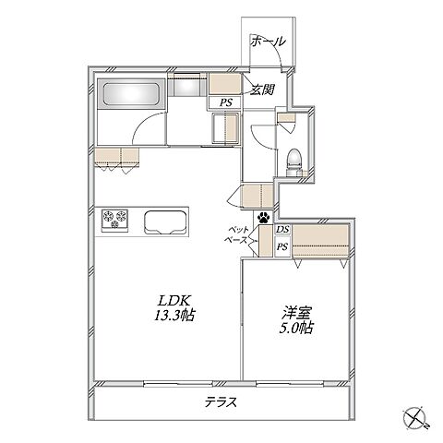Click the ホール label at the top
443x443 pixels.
(x=268, y=41)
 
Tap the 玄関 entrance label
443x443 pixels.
(x=262, y=90)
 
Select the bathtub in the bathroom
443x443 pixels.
(x=131, y=93)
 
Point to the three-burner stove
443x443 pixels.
(x=114, y=220)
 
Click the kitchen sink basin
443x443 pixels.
(x=165, y=222)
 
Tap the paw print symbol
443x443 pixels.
(x=264, y=217)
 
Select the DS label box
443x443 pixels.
(x=282, y=229)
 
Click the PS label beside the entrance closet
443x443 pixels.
(x=225, y=102)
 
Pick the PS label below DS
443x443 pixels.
(x=282, y=246)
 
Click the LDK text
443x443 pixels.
(x=175, y=300)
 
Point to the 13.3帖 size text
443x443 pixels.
(x=174, y=316)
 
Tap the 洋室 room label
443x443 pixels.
(x=296, y=313)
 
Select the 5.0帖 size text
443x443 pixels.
(x=296, y=328)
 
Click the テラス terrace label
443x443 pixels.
(x=221, y=402)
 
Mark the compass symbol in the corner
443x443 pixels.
(x=414, y=417)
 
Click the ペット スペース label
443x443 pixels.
(x=237, y=234)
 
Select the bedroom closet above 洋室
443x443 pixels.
(x=320, y=240)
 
